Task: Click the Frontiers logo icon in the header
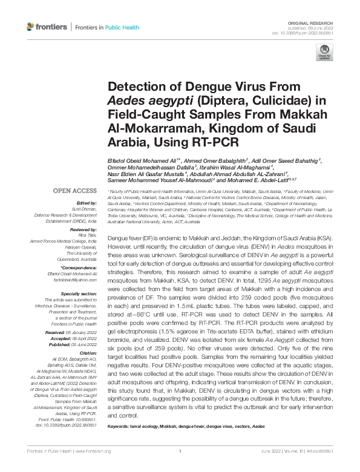click(x=31, y=27)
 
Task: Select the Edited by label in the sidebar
click(x=86, y=203)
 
